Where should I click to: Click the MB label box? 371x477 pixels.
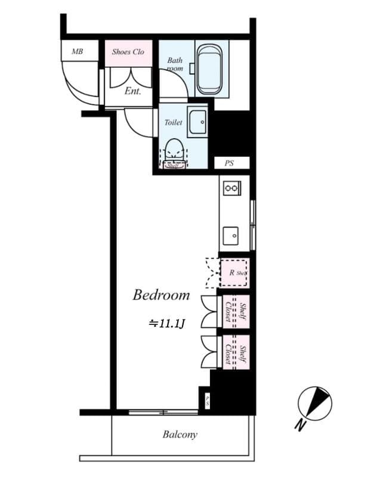pos(77,51)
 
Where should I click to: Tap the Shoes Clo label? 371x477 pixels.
pos(128,52)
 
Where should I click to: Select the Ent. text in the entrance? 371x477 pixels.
pos(132,91)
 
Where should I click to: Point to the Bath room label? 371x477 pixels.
pos(175,64)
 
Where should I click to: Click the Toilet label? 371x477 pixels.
pos(173,122)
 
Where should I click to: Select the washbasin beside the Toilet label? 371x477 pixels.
pos(197,123)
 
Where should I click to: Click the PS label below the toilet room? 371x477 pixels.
pos(229,163)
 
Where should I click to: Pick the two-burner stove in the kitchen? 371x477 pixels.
pos(230,188)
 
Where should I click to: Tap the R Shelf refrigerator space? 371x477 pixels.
pos(234,273)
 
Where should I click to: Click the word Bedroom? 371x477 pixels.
pos(161,295)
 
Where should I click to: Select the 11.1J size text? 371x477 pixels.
pos(168,324)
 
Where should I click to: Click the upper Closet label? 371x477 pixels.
pos(228,312)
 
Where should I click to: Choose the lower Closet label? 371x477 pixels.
pos(228,354)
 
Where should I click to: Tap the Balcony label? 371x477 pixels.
pos(180,435)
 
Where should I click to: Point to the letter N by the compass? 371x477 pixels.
pos(300,425)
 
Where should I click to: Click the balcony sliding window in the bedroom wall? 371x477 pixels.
pos(162,411)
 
